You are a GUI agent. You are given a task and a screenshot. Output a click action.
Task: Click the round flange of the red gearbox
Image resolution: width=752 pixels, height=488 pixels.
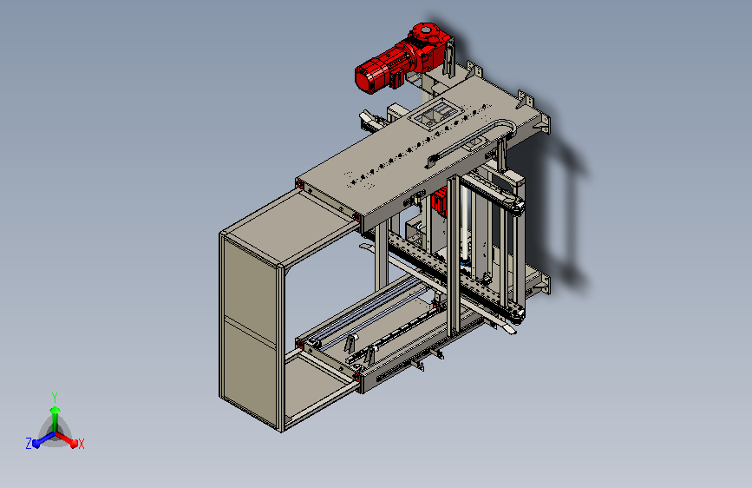[425, 32]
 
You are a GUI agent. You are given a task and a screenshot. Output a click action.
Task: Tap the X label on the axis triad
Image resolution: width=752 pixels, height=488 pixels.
[81, 444]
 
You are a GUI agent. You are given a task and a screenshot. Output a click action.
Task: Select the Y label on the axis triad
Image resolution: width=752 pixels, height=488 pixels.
[55, 397]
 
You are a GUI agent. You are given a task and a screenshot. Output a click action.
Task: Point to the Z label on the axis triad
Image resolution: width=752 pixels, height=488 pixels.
[29, 444]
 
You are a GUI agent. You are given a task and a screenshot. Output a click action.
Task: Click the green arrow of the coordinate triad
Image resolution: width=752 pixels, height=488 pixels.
[56, 419]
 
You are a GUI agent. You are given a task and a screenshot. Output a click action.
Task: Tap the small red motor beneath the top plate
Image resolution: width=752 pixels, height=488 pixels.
[439, 201]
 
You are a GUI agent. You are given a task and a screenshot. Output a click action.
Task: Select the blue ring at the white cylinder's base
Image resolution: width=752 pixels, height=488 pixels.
[465, 263]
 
